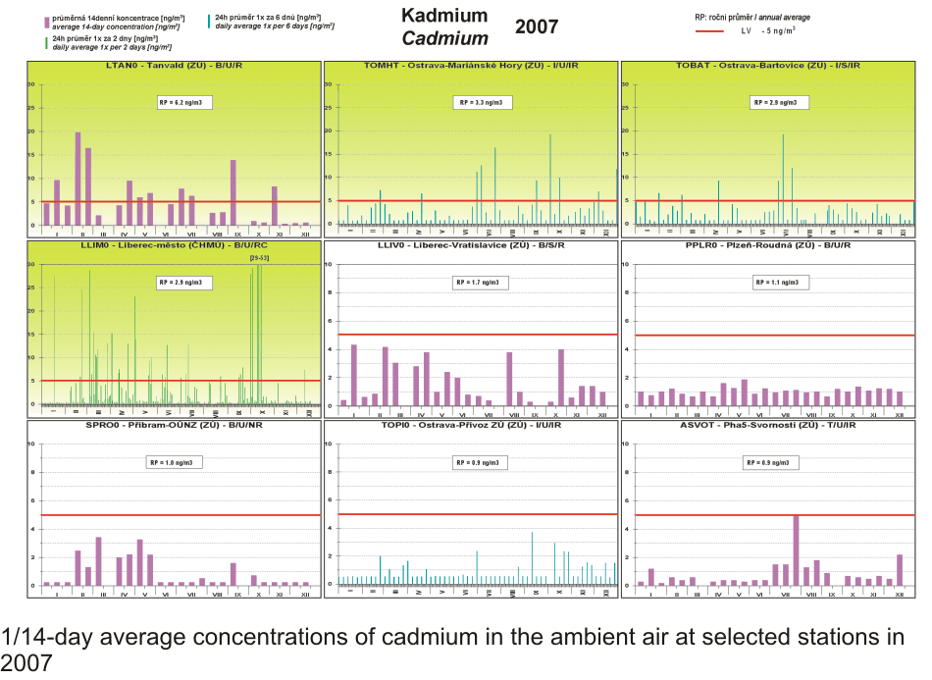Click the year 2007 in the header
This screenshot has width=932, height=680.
point(537,26)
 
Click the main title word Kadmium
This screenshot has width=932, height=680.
point(444,16)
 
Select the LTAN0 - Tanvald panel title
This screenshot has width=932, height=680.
point(174,66)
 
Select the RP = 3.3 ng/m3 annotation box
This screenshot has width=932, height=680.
point(479,102)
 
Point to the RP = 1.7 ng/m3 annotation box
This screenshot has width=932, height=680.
point(478,283)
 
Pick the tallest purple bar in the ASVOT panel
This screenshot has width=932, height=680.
point(797,549)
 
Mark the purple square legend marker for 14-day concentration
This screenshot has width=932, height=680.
point(46,22)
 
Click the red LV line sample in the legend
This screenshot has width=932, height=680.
point(712,31)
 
